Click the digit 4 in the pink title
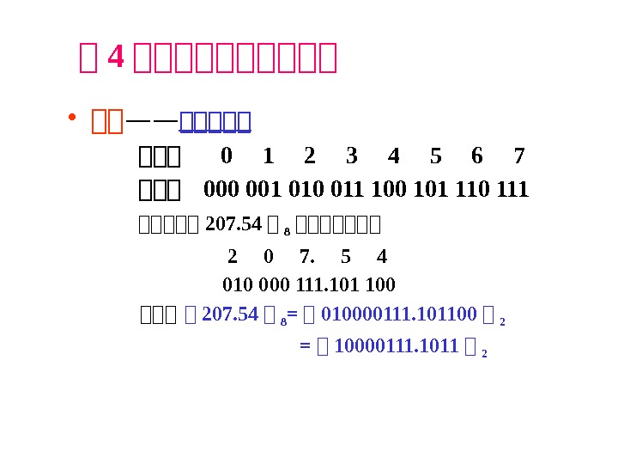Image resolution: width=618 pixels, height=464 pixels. pos(114,58)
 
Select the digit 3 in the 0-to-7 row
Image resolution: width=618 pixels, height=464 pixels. pos(351,156)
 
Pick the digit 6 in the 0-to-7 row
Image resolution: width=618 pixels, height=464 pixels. pos(476,156)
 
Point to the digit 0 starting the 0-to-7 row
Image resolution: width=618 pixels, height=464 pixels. pos(226,156)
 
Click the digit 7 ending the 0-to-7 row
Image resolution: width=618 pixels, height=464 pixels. pos(518,156)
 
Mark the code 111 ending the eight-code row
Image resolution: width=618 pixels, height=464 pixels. pos(512,189)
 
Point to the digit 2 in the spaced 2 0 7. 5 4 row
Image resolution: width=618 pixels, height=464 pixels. pos(232,257)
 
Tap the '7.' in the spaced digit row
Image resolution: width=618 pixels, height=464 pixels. pos(307,257)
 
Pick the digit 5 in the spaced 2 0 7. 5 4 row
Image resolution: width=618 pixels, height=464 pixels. pos(345,257)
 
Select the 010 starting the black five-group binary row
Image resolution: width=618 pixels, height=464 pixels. pos(236,284)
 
